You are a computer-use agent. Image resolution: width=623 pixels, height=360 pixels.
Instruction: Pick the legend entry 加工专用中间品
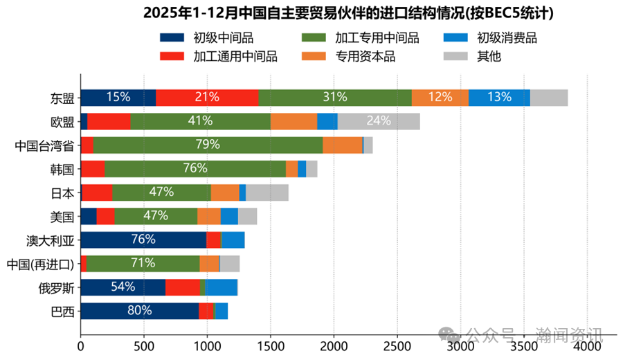point(377,38)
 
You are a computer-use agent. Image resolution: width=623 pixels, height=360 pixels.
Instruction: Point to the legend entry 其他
point(489,57)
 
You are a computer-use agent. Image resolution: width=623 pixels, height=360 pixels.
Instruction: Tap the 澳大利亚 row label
point(51,240)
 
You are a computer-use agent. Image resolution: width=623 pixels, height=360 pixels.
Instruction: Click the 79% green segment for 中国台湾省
point(208,145)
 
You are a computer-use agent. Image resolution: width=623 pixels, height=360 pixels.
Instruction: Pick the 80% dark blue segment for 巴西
point(140,311)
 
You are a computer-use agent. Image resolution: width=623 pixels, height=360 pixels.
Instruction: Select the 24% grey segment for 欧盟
point(379,121)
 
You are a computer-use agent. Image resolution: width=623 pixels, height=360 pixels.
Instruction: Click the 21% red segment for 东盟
point(207,98)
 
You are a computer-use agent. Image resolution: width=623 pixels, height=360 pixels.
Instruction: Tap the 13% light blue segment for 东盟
point(499,98)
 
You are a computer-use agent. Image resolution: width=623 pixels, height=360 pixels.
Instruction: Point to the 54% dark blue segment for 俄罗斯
point(123,287)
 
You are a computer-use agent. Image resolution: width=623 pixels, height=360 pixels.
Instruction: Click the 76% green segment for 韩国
point(195,168)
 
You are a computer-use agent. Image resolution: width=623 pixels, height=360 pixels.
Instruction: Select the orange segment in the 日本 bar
point(225,192)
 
